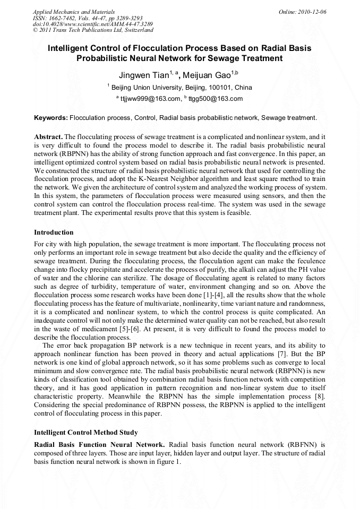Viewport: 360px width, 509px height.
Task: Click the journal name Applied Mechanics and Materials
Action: (74, 11)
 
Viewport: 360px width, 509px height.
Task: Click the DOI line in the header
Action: (93, 24)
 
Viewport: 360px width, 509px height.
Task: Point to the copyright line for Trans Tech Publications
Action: (93, 30)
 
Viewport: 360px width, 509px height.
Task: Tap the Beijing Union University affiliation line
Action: (181, 88)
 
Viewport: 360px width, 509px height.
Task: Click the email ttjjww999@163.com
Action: (150, 99)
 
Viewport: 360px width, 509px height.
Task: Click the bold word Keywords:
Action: (51, 117)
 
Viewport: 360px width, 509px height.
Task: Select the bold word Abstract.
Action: (48, 136)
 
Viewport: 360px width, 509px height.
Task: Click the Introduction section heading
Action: (54, 232)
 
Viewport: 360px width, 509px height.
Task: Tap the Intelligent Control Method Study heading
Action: (85, 432)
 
